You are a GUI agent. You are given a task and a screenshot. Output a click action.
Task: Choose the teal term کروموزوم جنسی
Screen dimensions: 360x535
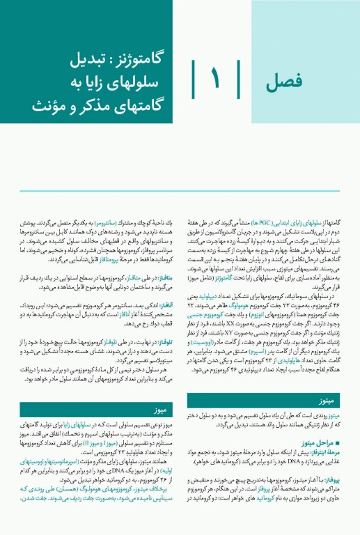[212, 315]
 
